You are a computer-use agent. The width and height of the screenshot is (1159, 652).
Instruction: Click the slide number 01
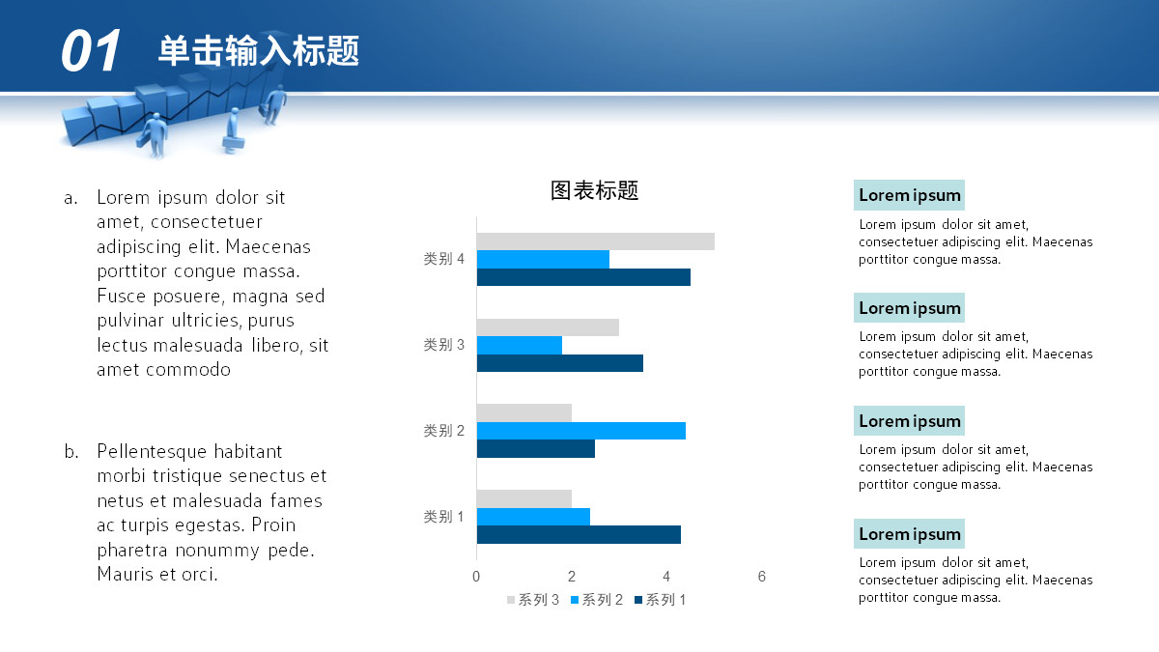tap(91, 50)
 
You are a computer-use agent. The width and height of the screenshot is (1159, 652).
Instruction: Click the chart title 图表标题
tap(595, 190)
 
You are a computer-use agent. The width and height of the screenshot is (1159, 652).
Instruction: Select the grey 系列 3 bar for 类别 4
tap(596, 241)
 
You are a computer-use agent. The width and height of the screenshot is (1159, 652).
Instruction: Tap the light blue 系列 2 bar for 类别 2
tap(581, 431)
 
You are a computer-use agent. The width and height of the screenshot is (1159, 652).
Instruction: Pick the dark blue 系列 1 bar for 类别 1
tap(579, 534)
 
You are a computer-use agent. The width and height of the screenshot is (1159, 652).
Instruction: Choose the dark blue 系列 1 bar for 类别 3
tap(560, 363)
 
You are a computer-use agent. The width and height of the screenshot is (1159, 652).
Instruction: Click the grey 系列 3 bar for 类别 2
tap(524, 413)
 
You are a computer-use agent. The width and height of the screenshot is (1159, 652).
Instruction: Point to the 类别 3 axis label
tap(444, 345)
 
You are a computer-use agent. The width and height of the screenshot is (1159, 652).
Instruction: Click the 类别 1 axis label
tap(444, 517)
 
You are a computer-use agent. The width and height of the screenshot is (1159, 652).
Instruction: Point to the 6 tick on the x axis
tap(762, 577)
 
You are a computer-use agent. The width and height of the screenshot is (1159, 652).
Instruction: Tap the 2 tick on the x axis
tap(571, 577)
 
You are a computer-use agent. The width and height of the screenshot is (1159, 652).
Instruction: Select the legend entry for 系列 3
tap(533, 600)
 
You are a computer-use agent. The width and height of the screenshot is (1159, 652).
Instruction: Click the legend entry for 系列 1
tap(661, 600)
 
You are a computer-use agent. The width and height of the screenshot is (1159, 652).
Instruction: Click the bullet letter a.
tap(71, 198)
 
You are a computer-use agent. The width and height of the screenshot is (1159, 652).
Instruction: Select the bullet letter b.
tap(71, 451)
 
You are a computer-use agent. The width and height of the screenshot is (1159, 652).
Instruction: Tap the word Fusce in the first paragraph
tap(121, 296)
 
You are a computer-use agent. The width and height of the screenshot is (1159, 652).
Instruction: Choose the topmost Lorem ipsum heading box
tap(909, 195)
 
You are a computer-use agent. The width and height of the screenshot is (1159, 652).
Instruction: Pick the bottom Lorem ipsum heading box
tap(909, 533)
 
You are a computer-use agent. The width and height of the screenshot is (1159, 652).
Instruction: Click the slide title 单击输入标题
tap(259, 50)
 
